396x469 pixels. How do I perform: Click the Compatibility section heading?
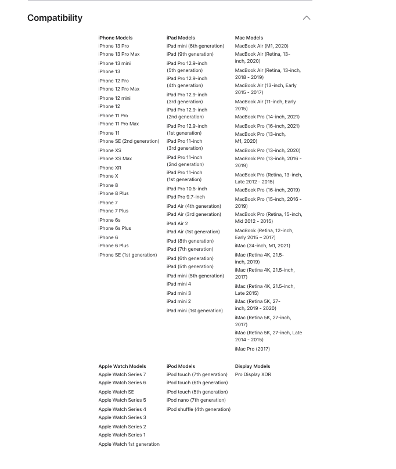coord(55,18)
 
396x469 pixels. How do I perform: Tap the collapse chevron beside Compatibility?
coord(307,18)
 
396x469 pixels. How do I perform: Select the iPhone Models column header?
coord(116,38)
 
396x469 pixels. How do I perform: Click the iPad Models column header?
coord(181,38)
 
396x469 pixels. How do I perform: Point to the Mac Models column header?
coord(249,38)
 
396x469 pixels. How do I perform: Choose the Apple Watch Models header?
coord(122,366)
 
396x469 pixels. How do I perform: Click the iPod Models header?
coord(181,366)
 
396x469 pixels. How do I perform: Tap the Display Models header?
coord(252,366)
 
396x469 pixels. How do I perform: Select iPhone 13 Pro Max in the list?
coord(118,54)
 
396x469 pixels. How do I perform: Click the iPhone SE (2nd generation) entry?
coord(128,141)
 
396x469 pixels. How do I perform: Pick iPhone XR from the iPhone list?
coord(110,168)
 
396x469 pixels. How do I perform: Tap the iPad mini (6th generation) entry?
coord(195,46)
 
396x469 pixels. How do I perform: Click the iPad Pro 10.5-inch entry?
coord(186,189)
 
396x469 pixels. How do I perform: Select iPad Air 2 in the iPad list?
coord(177,223)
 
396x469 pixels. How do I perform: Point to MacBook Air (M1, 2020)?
coord(261,46)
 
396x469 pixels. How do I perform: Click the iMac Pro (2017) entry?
coord(252,349)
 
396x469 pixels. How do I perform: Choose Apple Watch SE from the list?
coord(116,392)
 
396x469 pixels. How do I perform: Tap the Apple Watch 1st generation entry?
coord(129,444)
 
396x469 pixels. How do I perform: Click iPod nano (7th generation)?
coord(196,400)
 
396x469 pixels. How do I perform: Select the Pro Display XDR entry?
coord(253,374)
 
